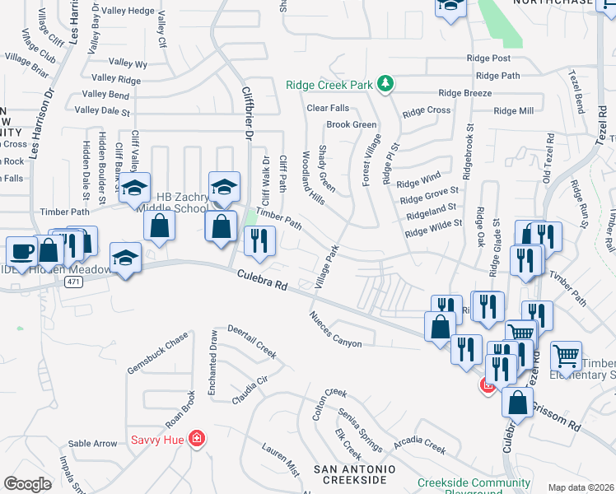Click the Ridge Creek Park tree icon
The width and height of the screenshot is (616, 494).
point(384,83)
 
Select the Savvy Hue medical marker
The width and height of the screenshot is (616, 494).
point(196,438)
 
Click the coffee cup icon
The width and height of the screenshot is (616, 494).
point(21,250)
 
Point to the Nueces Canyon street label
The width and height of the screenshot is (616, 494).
point(335,329)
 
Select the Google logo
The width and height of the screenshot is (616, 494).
point(27,483)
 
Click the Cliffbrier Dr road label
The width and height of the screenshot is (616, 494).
point(246,111)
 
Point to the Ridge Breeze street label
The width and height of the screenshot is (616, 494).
point(465,94)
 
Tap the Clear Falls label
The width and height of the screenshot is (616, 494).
point(328,108)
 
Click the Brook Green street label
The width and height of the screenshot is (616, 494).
point(351,125)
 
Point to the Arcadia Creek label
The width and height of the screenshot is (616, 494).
point(420,442)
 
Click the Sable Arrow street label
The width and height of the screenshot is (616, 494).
point(92,444)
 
